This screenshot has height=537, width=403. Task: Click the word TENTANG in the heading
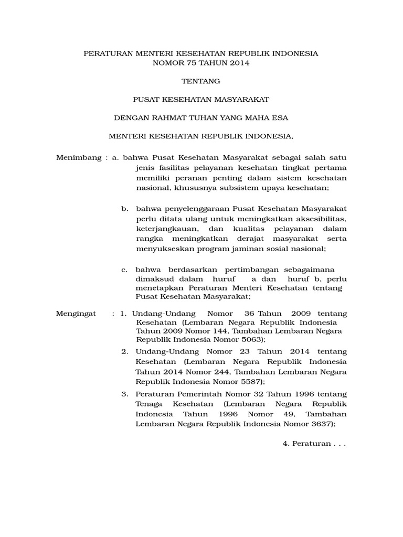[201, 81]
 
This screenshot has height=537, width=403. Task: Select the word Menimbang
[78, 158]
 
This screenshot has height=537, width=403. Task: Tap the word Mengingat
[76, 314]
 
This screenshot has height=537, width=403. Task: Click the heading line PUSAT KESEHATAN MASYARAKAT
[201, 99]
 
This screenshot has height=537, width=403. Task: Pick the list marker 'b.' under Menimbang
[125, 209]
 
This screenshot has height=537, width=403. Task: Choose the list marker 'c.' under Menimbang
[125, 270]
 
